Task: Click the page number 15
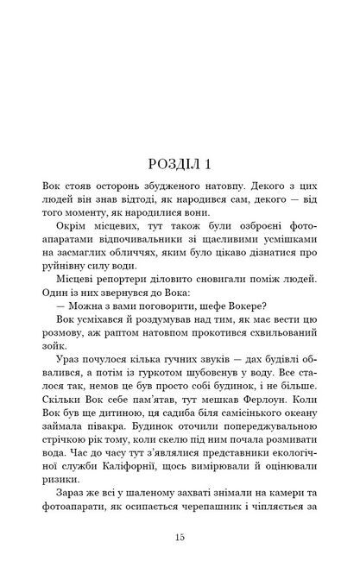click(x=180, y=537)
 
